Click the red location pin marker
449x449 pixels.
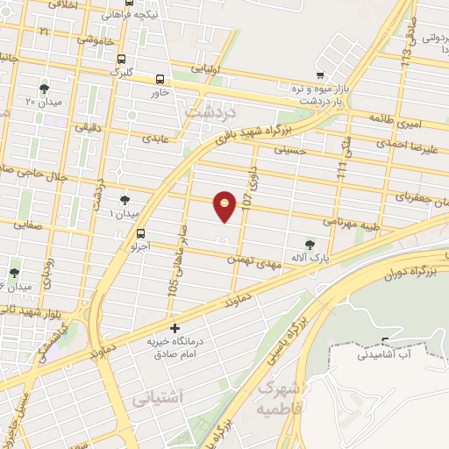[226, 205]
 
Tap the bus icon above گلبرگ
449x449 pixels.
[120, 59]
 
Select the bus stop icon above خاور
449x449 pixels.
[160, 78]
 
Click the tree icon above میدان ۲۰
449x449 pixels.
[45, 89]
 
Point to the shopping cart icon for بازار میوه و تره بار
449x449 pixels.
[322, 75]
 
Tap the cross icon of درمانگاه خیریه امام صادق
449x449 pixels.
[175, 328]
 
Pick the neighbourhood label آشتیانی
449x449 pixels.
[158, 398]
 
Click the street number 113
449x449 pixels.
[406, 51]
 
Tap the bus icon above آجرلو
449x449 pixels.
[141, 232]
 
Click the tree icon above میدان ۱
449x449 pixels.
[125, 198]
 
